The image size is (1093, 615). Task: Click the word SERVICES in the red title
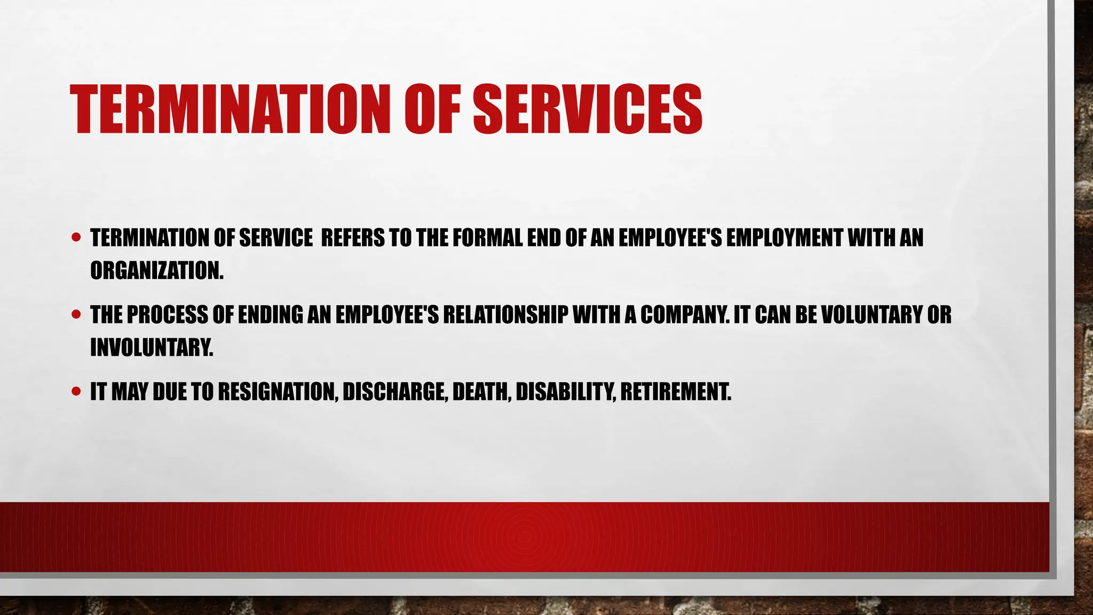(x=587, y=109)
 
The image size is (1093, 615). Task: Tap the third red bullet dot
(x=76, y=391)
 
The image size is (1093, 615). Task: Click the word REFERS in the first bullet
(x=352, y=238)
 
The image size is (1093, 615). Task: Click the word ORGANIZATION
(x=156, y=271)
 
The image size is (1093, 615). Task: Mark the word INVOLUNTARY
(x=151, y=348)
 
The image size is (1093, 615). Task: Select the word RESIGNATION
(x=278, y=392)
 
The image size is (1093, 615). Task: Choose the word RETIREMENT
(x=675, y=392)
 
